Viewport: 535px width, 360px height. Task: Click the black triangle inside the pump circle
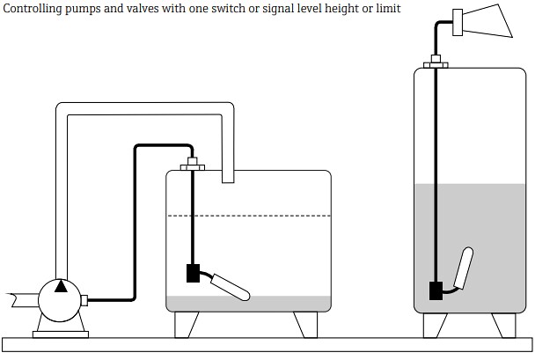click(59, 285)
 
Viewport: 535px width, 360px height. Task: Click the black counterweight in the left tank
click(194, 274)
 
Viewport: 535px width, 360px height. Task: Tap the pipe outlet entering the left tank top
click(228, 177)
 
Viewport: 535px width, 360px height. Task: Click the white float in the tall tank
click(465, 267)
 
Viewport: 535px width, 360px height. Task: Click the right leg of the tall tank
click(502, 325)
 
